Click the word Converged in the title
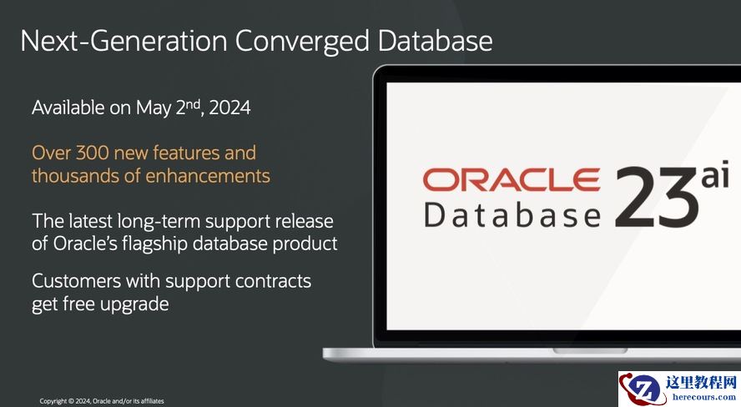(x=302, y=42)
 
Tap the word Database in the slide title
(x=435, y=40)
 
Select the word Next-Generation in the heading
(x=123, y=40)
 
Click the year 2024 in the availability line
(x=229, y=108)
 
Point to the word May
(x=154, y=108)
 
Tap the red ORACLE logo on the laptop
(x=512, y=179)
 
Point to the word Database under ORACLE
(x=512, y=215)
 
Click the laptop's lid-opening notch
(x=590, y=350)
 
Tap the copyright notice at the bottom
(x=102, y=401)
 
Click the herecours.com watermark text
(x=704, y=397)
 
